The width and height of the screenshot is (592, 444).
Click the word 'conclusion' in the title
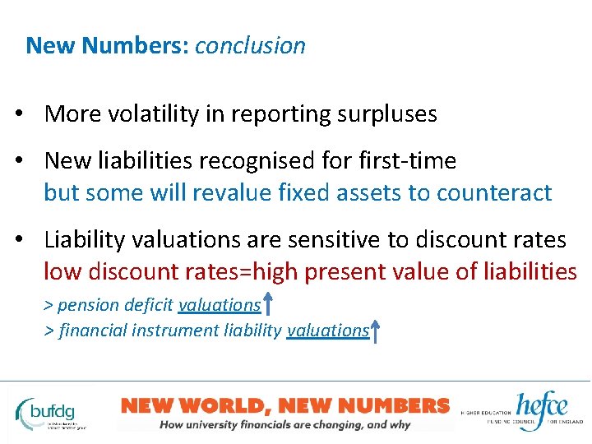coord(250,45)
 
